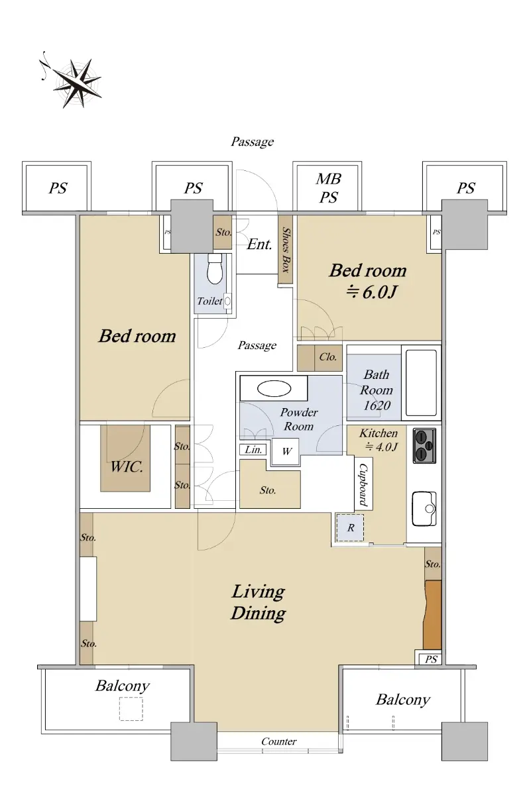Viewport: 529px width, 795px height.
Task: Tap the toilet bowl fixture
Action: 214,269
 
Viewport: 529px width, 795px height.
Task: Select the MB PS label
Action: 328,187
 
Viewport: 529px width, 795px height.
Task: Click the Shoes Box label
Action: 286,250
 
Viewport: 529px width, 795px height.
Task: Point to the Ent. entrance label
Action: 260,244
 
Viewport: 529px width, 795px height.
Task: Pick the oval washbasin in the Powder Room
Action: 274,389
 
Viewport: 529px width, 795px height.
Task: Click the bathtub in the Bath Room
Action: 421,383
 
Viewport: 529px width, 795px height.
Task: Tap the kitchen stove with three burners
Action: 425,446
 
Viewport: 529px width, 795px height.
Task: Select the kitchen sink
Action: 424,509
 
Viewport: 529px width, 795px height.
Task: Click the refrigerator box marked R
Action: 351,528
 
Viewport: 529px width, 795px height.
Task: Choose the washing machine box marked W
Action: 286,451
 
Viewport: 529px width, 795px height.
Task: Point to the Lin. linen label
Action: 253,450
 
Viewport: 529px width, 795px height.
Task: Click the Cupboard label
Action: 363,484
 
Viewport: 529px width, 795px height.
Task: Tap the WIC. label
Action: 127,466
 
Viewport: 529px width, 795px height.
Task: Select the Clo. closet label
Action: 327,356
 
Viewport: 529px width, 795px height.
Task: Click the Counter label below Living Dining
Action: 278,741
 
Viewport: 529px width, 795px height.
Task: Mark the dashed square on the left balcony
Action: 131,709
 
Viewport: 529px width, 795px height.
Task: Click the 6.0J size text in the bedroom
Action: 371,292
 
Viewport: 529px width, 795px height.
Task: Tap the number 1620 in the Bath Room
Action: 377,405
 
